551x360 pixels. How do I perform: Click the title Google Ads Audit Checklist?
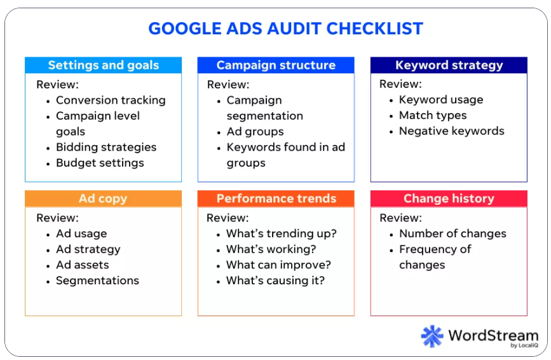[286, 29]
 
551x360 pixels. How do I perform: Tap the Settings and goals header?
[104, 65]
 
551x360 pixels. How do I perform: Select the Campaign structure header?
[276, 65]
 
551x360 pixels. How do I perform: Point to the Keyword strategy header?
[449, 65]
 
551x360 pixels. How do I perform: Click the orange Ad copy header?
[104, 198]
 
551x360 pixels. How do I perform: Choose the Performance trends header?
[276, 198]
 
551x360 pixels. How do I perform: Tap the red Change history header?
[449, 198]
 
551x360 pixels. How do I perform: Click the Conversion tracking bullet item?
[111, 100]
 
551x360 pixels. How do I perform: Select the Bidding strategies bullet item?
[106, 148]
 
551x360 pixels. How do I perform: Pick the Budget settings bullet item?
[100, 163]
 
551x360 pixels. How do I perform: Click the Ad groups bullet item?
[255, 132]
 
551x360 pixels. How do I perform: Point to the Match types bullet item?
[433, 115]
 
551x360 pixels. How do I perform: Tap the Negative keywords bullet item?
[452, 131]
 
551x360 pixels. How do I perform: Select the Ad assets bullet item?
[83, 265]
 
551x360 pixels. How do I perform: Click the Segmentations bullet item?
[98, 280]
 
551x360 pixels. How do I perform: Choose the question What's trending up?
[282, 233]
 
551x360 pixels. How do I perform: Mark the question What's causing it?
[276, 280]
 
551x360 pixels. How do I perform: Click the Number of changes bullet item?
[453, 233]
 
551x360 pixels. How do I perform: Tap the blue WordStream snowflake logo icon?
[432, 336]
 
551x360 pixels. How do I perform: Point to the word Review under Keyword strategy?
[400, 84]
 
